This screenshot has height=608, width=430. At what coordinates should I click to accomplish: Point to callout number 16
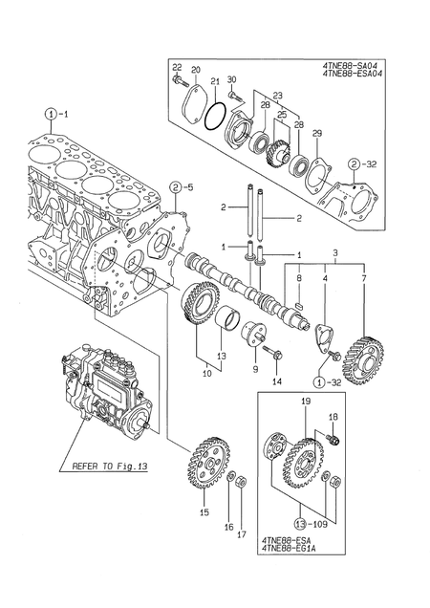227,526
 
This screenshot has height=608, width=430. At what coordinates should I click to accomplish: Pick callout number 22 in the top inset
177,66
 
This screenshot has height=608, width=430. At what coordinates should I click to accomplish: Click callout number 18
333,418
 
